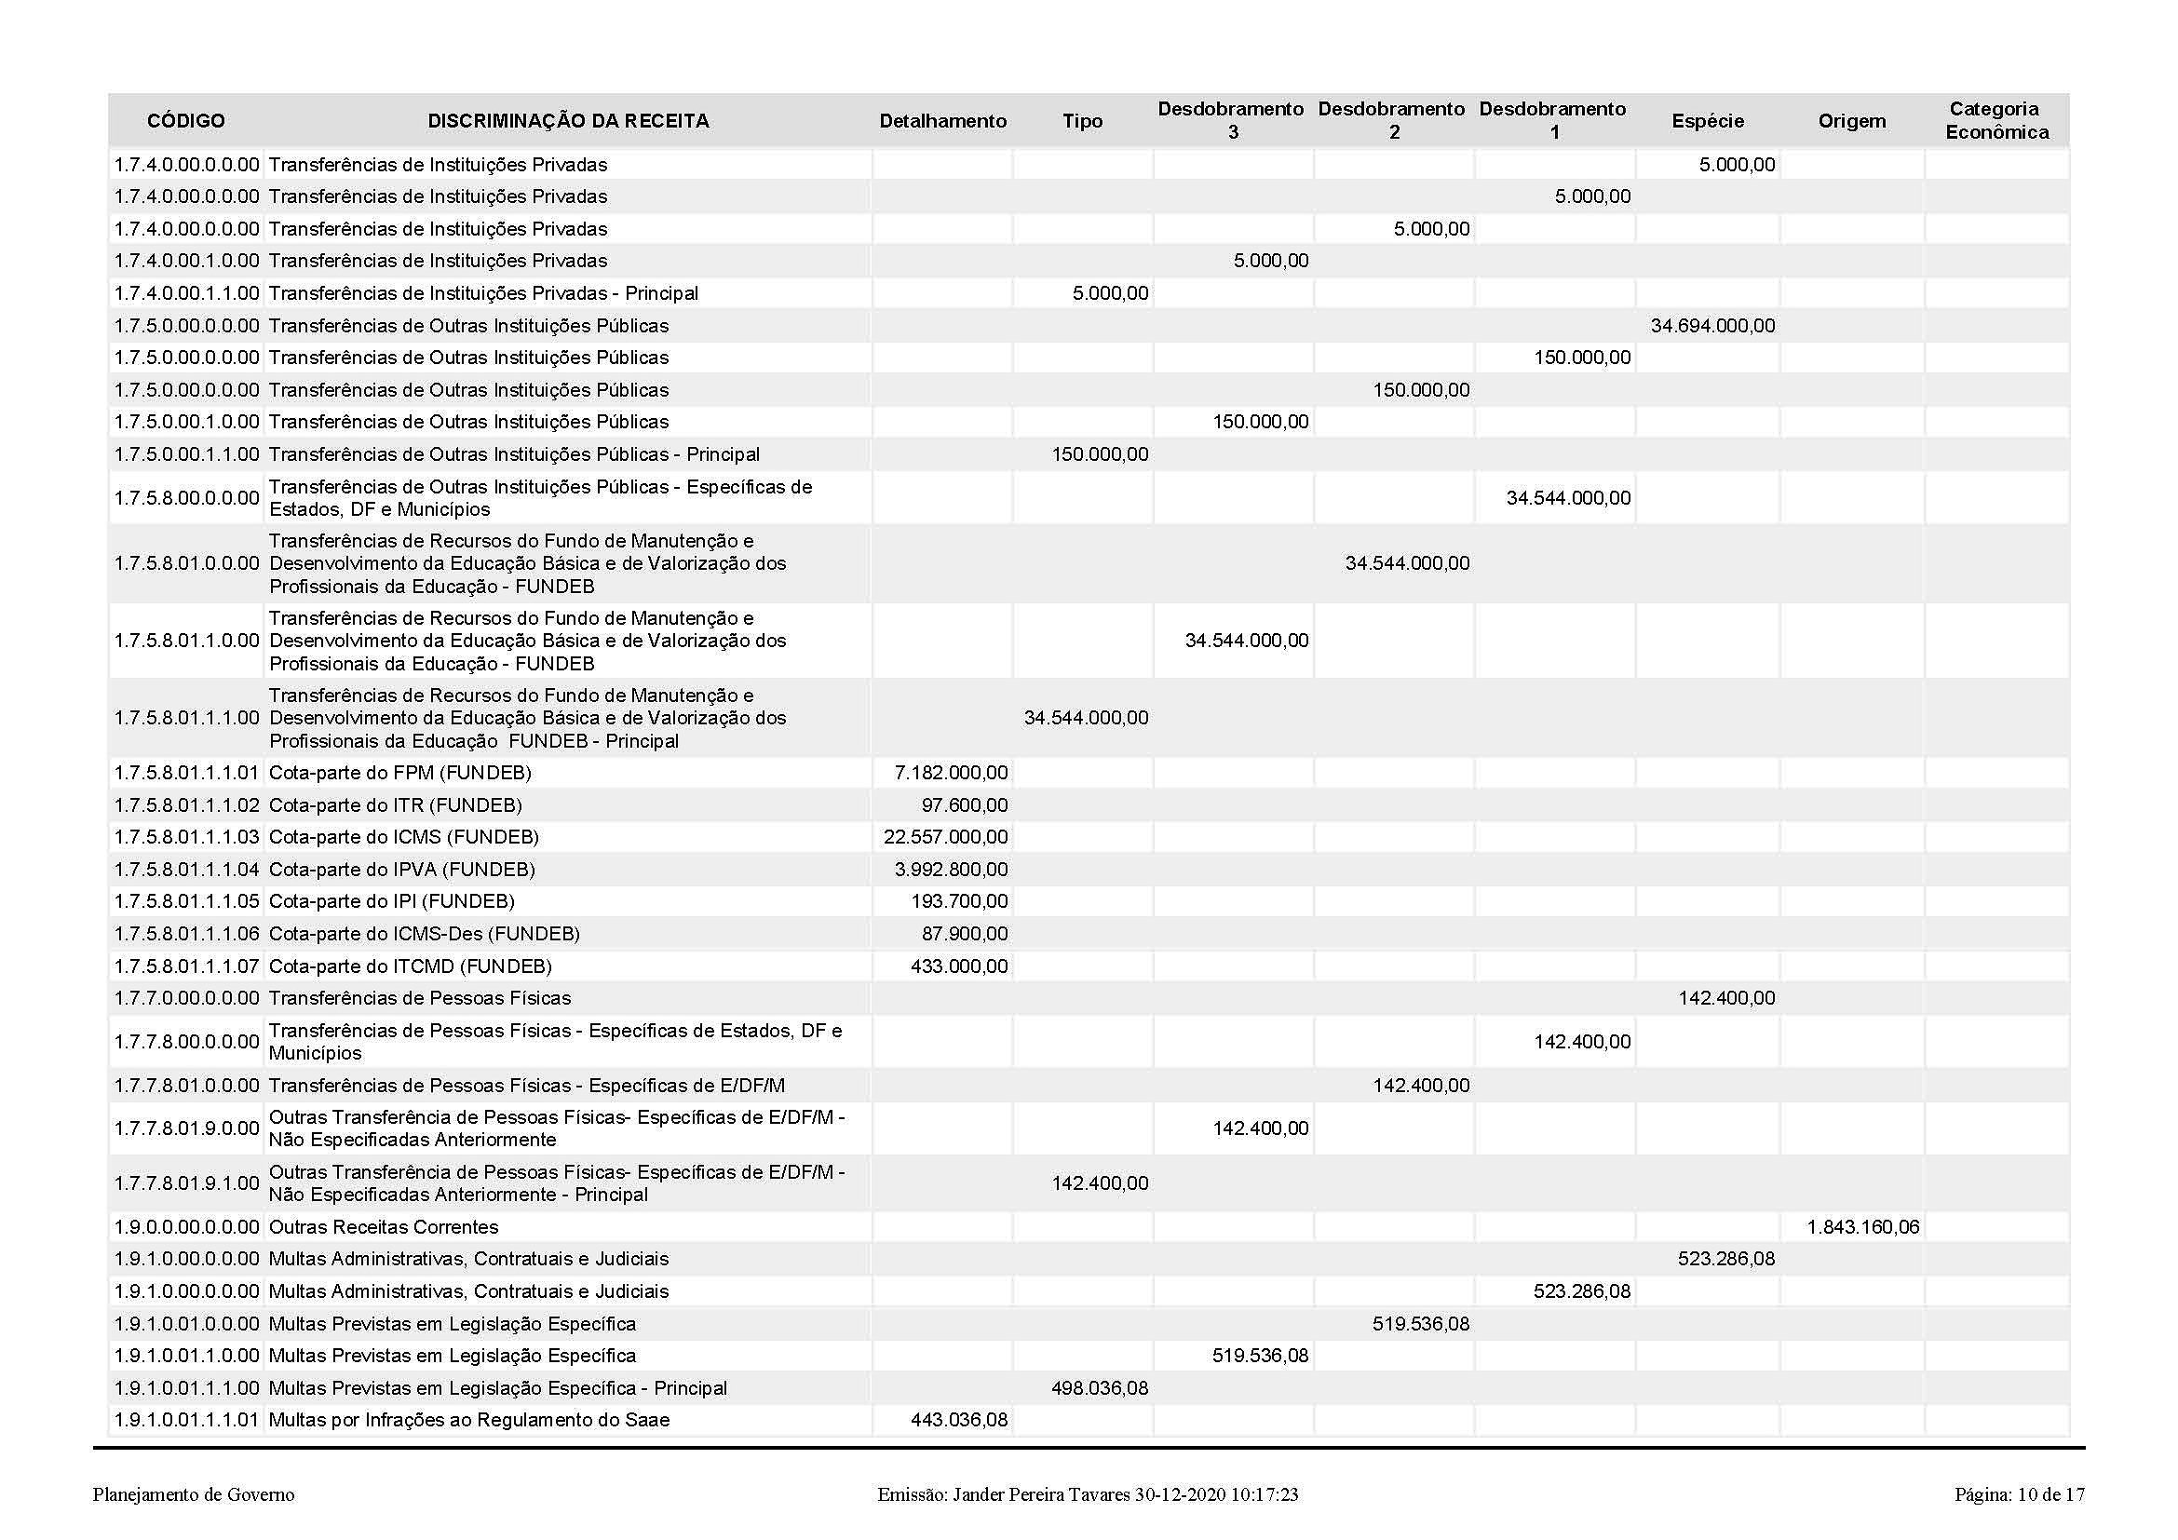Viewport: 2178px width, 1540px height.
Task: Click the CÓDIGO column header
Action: click(186, 121)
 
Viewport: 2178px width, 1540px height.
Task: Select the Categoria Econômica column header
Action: click(1995, 121)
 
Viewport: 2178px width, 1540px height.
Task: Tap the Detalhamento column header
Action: click(942, 121)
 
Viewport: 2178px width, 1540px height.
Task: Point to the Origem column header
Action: click(1852, 121)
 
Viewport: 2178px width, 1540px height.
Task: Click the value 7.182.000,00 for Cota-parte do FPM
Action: click(951, 773)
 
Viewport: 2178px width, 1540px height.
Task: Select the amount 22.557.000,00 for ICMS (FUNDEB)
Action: click(945, 837)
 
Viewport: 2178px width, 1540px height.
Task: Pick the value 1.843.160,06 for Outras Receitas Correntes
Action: click(1862, 1227)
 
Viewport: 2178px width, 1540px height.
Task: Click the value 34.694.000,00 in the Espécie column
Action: click(1712, 326)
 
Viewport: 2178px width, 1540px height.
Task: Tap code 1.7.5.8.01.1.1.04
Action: click(187, 870)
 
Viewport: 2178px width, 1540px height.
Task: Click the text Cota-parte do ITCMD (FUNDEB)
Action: click(410, 966)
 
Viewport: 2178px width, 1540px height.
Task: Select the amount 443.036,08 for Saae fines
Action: click(958, 1421)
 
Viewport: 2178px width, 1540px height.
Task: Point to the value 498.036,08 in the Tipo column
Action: click(1100, 1388)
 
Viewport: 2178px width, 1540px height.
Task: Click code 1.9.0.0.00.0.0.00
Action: click(187, 1227)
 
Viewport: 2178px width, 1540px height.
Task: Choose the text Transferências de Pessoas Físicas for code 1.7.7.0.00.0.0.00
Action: click(419, 998)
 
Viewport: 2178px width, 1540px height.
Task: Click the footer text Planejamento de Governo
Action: click(194, 1495)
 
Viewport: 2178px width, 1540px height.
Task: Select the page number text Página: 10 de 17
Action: click(2020, 1495)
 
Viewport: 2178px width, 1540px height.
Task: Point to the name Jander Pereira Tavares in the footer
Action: click(1041, 1495)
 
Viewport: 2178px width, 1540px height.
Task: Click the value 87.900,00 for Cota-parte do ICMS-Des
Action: click(965, 934)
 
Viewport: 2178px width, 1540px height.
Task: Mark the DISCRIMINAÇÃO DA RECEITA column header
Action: click(567, 121)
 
